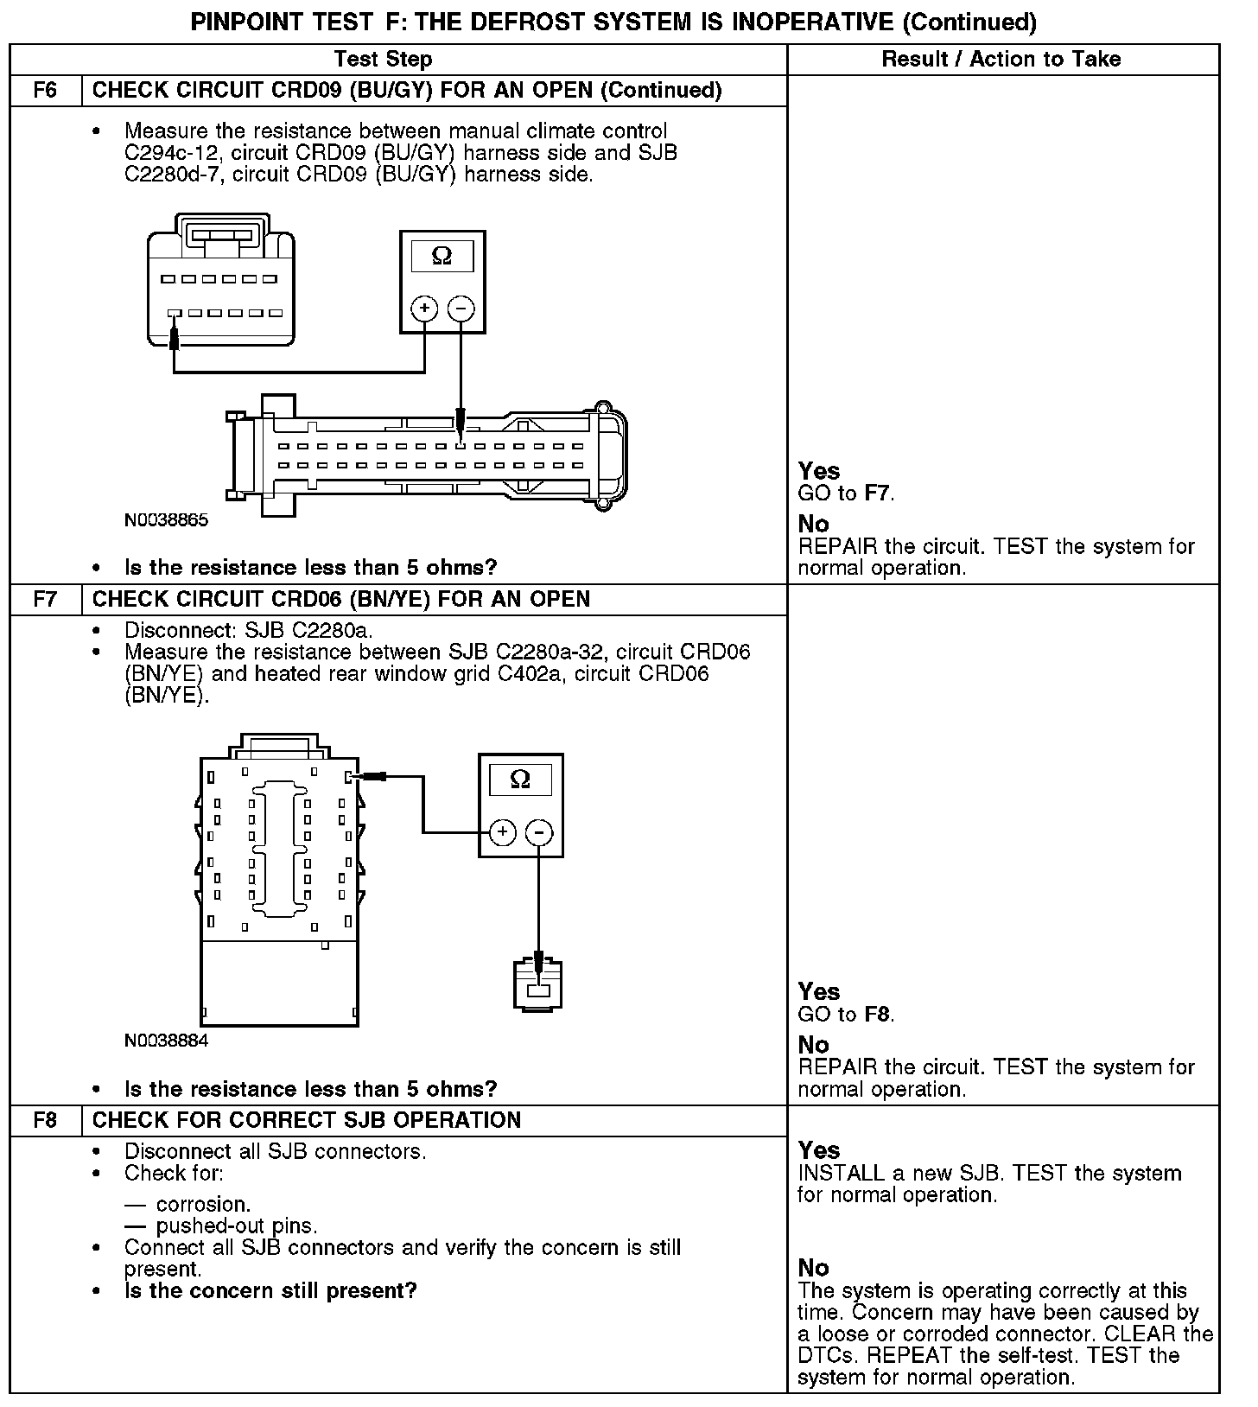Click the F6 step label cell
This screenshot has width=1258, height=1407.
[45, 91]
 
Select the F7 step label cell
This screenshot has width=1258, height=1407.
[45, 600]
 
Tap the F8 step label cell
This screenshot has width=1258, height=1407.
[45, 1121]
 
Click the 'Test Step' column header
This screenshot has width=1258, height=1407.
[383, 59]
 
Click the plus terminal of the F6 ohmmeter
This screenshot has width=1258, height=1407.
[423, 309]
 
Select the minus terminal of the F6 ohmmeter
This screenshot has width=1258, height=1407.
[461, 309]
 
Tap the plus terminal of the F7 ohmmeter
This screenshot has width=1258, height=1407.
[502, 832]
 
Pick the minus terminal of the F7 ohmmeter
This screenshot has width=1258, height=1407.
[539, 832]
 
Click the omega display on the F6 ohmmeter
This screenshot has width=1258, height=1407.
[442, 257]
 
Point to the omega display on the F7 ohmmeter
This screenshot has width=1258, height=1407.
[520, 780]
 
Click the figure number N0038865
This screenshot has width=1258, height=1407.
[167, 520]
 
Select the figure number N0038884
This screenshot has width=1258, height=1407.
[167, 1041]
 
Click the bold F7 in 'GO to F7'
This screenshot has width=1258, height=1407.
[877, 493]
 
